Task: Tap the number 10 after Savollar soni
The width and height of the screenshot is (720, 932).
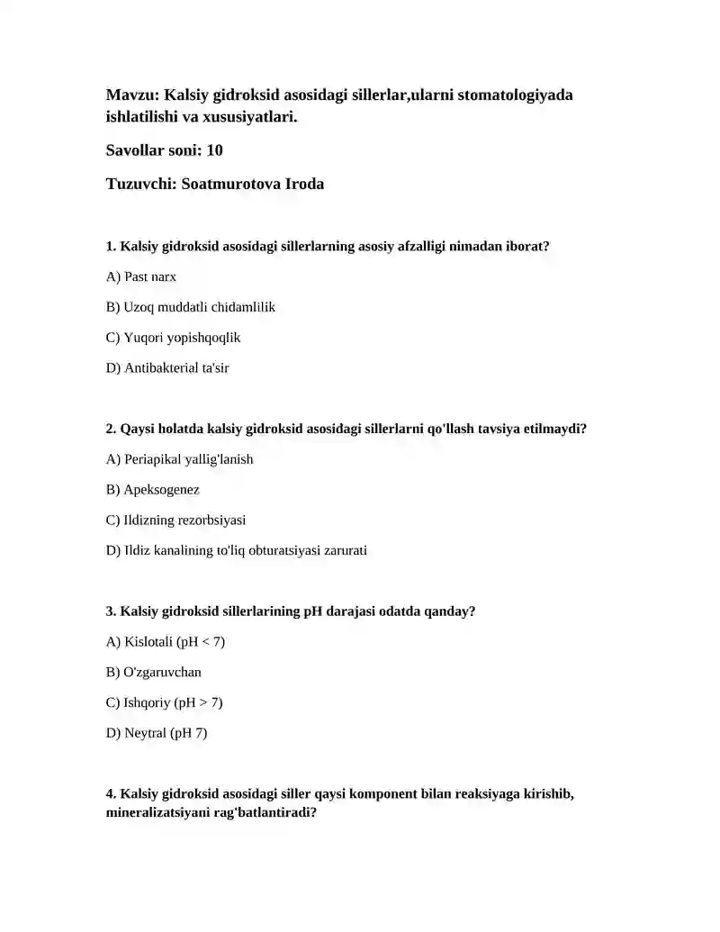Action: click(x=214, y=150)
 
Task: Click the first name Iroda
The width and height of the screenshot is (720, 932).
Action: click(x=304, y=184)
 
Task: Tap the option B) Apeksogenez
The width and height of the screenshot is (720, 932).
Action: click(x=152, y=490)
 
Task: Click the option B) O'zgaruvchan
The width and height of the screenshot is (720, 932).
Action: click(x=154, y=673)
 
